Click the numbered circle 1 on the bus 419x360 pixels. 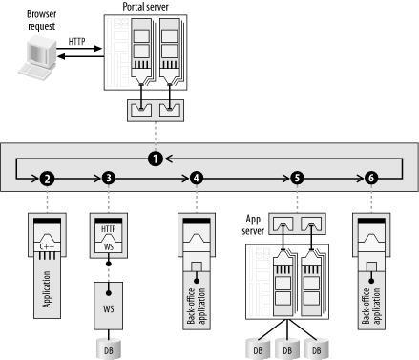pos(156,159)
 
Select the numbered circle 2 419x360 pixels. pos(47,179)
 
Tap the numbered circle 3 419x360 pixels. pos(109,178)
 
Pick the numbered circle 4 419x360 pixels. pos(197,179)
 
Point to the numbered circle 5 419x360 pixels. pos(297,179)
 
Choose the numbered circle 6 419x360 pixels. pos(371,179)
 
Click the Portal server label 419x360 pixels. pos(146,7)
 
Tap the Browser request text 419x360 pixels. pos(41,20)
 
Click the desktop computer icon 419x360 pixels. pos(36,58)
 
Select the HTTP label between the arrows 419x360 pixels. pos(76,42)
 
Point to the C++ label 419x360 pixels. pos(47,246)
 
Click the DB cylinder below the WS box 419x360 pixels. pos(109,349)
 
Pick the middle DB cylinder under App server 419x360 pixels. pos(287,349)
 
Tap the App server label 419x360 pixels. pos(253,224)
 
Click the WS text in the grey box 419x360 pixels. pos(109,308)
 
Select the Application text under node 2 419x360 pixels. pos(47,289)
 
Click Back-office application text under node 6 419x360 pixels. pos(371,306)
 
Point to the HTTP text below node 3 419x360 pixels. pos(109,229)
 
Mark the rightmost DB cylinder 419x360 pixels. pos(317,349)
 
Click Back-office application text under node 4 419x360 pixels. pos(197,306)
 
